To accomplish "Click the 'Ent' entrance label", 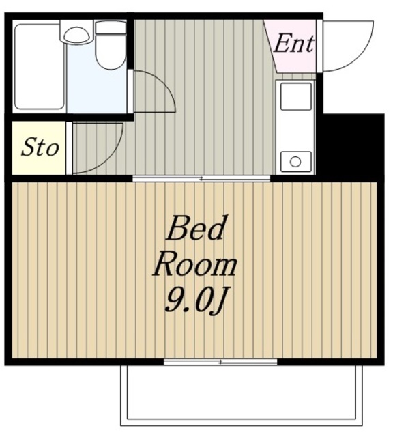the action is [294, 43].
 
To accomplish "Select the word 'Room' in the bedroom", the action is [195, 265].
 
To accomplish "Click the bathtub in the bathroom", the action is [39, 67].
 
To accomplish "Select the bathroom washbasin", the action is [77, 35].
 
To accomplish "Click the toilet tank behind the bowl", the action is [111, 27].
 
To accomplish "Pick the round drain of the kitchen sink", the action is [295, 162].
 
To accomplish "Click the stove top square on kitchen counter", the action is [296, 96].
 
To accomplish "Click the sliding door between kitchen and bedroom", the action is [201, 178].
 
